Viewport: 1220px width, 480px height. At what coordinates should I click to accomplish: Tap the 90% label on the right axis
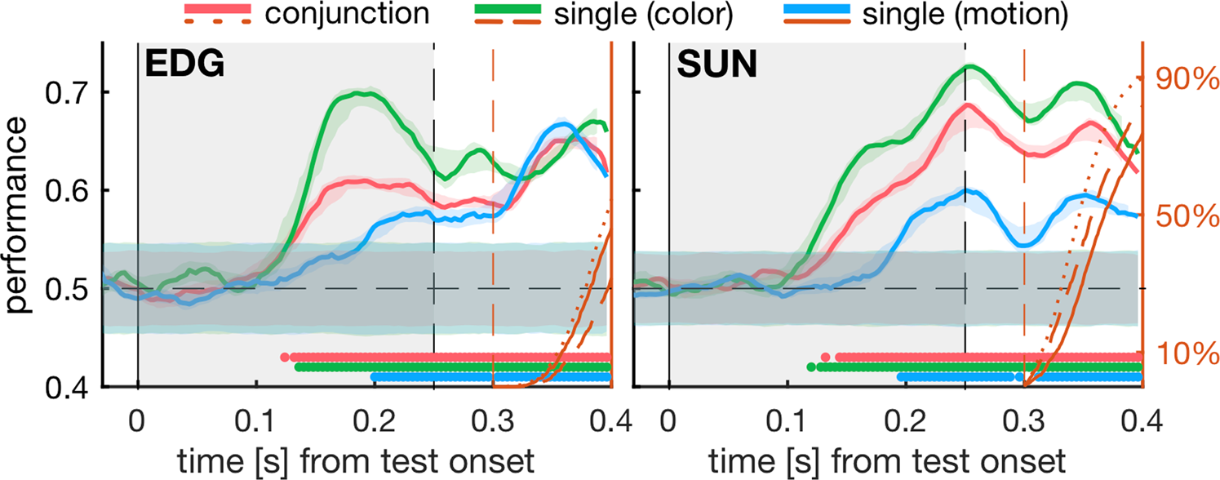tap(1183, 79)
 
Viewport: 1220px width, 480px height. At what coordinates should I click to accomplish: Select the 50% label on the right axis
tap(1183, 217)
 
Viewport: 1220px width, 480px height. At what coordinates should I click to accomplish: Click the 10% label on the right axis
tap(1183, 354)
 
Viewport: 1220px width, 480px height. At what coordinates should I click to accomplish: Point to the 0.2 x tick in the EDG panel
tap(375, 423)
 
